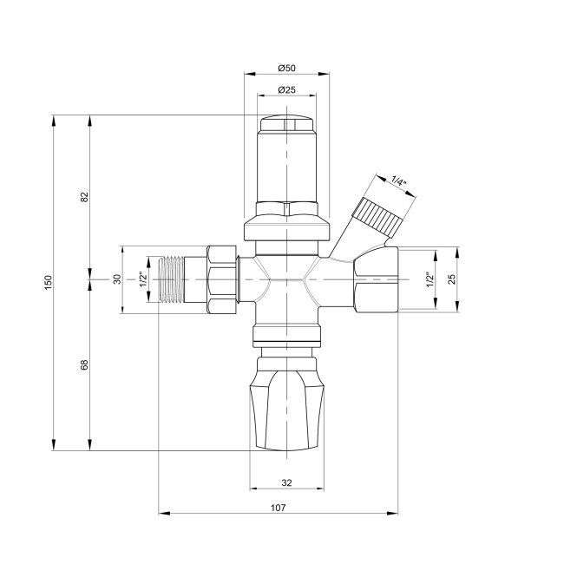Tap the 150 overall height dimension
pyautogui.click(x=49, y=282)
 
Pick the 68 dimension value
pyautogui.click(x=85, y=365)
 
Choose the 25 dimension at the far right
pyautogui.click(x=451, y=280)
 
